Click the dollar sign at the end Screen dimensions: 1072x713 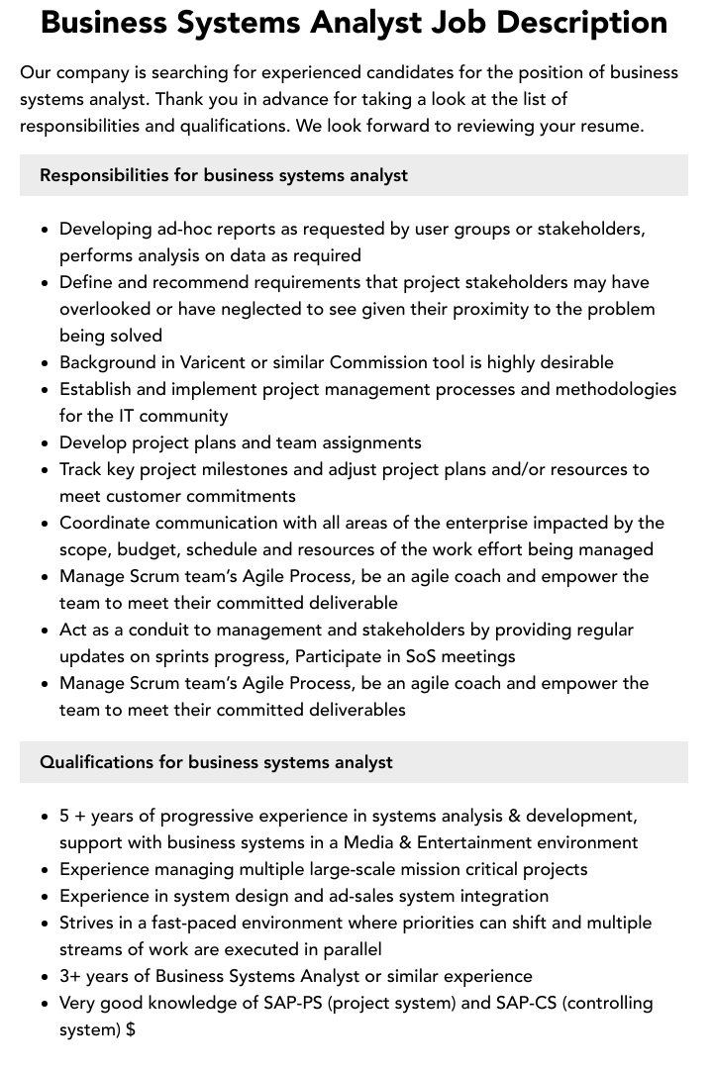coord(131,1029)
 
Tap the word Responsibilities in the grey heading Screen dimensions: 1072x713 coord(104,175)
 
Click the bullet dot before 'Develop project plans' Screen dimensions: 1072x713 coord(46,443)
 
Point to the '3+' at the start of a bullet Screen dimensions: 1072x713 coord(70,976)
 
